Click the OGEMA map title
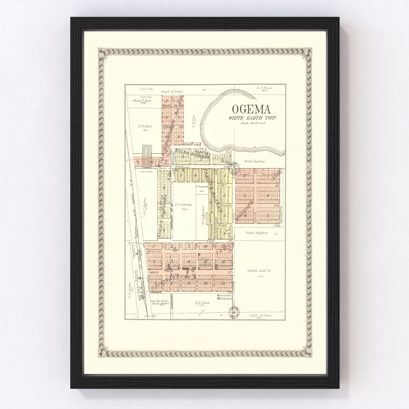251,109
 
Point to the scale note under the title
253,123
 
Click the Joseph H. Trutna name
172,92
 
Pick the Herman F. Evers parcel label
142,101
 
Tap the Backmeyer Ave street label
173,107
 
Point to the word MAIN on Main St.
155,272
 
